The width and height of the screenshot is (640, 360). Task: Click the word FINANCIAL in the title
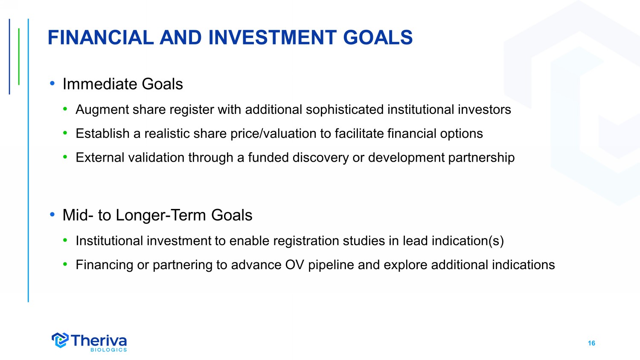pyautogui.click(x=101, y=38)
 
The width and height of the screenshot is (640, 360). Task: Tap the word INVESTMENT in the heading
pyautogui.click(x=273, y=38)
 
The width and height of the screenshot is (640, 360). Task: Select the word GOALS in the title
pyautogui.click(x=378, y=38)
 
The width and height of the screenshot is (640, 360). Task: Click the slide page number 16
pyautogui.click(x=591, y=343)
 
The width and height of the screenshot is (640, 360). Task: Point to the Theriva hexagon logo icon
pyautogui.click(x=60, y=340)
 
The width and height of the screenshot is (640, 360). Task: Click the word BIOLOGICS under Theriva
pyautogui.click(x=108, y=350)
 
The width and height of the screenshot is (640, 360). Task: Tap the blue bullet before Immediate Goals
pyautogui.click(x=52, y=84)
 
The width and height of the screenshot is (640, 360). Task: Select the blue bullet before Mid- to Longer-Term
pyautogui.click(x=52, y=214)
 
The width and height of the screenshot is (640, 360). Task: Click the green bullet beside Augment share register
pyautogui.click(x=65, y=109)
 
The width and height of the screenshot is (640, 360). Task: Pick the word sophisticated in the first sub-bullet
pyautogui.click(x=345, y=110)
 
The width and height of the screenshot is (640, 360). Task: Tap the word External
pyautogui.click(x=100, y=158)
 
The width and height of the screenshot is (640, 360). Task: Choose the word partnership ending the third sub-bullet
pyautogui.click(x=481, y=158)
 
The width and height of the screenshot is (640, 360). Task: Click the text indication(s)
pyautogui.click(x=468, y=241)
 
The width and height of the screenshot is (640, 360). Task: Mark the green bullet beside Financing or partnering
pyautogui.click(x=65, y=264)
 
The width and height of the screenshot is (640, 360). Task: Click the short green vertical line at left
pyautogui.click(x=19, y=57)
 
